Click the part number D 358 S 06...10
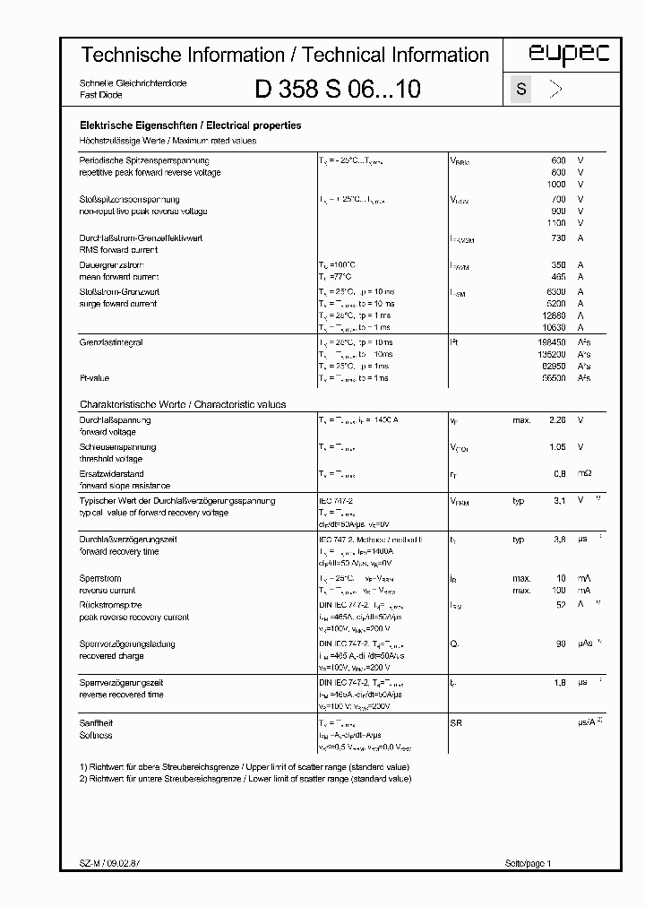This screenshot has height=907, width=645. pyautogui.click(x=338, y=89)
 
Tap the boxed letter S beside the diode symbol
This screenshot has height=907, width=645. pyautogui.click(x=520, y=89)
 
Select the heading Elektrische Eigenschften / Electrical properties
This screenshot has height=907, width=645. pyautogui.click(x=190, y=126)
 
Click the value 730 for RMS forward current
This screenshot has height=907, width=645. pyautogui.click(x=557, y=238)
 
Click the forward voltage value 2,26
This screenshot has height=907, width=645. pyautogui.click(x=556, y=419)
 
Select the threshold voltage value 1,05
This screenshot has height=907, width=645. pyautogui.click(x=556, y=446)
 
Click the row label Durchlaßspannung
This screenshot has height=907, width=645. pyautogui.click(x=115, y=419)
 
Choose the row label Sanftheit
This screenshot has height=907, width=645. pyautogui.click(x=97, y=722)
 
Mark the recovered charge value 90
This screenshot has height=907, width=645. pyautogui.click(x=560, y=644)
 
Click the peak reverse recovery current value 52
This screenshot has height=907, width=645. pyautogui.click(x=560, y=605)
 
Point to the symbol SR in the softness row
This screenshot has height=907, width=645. pyautogui.click(x=455, y=722)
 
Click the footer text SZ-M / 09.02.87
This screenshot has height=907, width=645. pyautogui.click(x=103, y=862)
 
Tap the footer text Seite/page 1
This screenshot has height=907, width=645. pyautogui.click(x=529, y=862)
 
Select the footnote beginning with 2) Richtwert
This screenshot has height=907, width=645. pyautogui.click(x=245, y=779)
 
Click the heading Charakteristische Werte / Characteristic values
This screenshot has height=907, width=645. pyautogui.click(x=183, y=404)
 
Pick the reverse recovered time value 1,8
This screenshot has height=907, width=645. pyautogui.click(x=558, y=682)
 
